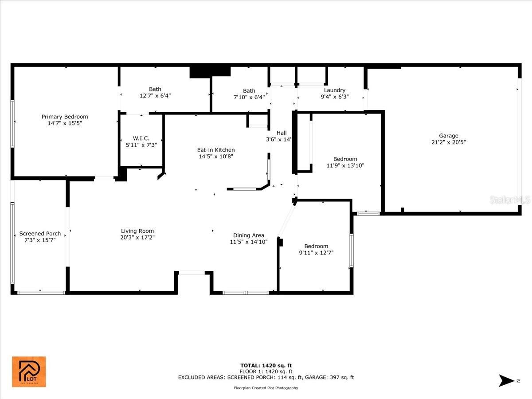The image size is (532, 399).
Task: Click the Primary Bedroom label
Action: pos(64,117)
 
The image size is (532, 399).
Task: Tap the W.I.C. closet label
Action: pos(141,138)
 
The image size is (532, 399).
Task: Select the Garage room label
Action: pos(449,136)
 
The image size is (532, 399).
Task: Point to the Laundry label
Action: pos(335,90)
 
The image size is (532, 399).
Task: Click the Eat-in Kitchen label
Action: pos(216,150)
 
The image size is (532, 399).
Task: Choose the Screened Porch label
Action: pos(40,234)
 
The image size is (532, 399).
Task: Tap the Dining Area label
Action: pos(249,235)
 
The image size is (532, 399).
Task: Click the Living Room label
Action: pos(137,231)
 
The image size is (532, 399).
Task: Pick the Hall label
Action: pos(282,133)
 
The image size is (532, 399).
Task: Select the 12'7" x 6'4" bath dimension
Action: pos(155,96)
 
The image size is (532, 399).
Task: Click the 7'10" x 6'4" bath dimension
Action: pos(249,97)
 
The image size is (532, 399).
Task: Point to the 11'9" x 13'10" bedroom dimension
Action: pos(345,165)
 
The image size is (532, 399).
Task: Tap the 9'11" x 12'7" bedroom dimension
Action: pos(316,253)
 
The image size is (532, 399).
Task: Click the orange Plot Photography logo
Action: pos(29,372)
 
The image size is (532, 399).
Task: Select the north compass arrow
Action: pos(507,380)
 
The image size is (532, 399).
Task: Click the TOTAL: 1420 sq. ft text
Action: pos(266,366)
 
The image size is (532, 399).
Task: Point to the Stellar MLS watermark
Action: pos(510,200)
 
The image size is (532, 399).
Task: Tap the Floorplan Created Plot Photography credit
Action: pos(266,388)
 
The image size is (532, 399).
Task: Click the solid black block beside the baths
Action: pos(210,72)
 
